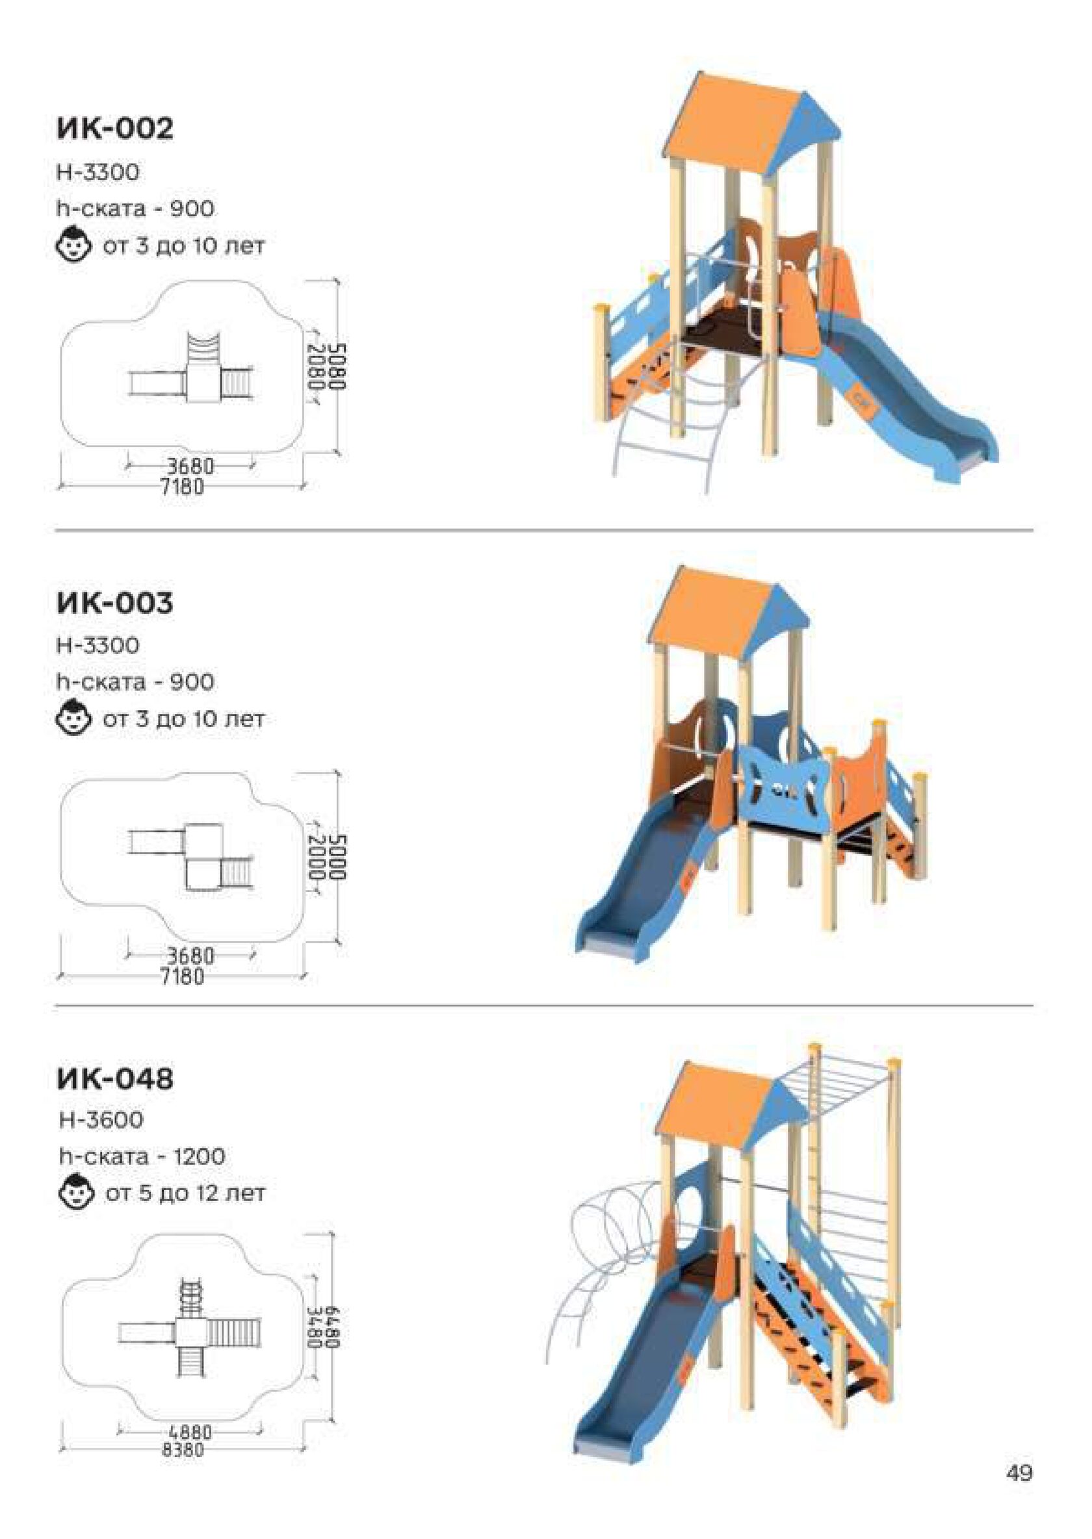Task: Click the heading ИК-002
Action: pos(115,128)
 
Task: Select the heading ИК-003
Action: pos(115,602)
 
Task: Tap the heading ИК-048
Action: pos(115,1078)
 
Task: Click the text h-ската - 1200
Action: pos(142,1156)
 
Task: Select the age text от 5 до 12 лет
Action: pos(185,1193)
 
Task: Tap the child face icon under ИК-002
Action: pos(73,245)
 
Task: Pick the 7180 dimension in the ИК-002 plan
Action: pos(181,486)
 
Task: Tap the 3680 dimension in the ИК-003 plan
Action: pos(190,955)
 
